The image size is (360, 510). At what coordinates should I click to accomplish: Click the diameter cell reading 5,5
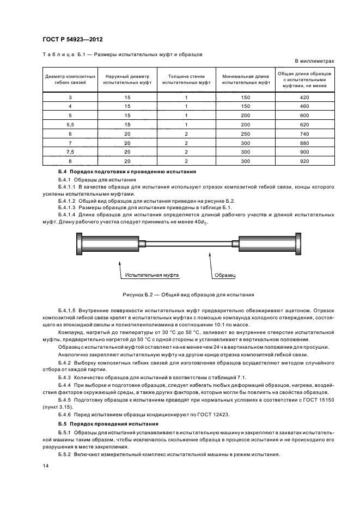70,124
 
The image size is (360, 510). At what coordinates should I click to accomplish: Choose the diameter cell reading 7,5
70,152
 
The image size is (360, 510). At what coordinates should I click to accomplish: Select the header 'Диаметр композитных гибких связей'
70,80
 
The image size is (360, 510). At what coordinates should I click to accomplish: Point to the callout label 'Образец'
224,275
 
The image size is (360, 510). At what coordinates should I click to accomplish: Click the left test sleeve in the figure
111,242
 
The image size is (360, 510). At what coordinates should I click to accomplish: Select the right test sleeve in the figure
267,242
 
